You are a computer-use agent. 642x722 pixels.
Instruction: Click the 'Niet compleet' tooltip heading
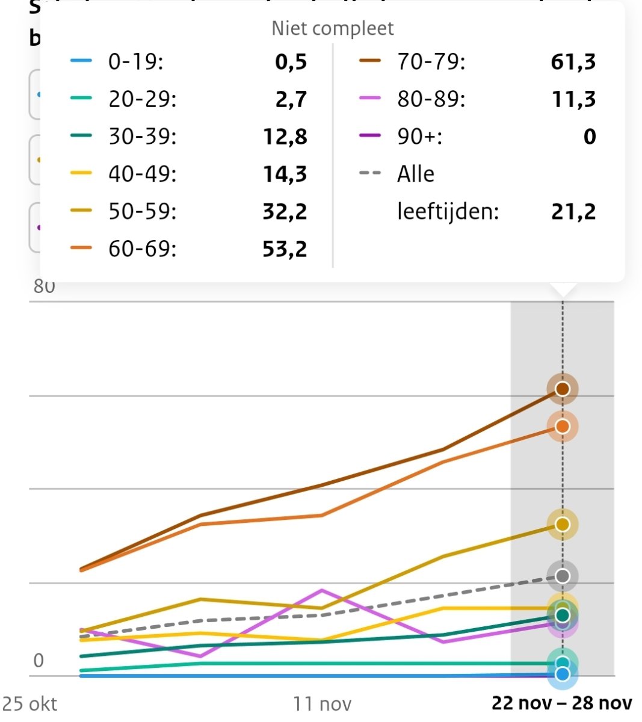coord(332,28)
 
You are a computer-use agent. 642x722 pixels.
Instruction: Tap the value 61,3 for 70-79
coord(573,62)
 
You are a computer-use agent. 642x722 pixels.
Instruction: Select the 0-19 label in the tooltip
coord(135,62)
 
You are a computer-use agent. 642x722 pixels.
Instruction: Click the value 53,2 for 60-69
coord(285,248)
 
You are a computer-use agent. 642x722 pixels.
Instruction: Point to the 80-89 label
coord(431,99)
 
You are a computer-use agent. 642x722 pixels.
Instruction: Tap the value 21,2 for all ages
coord(573,211)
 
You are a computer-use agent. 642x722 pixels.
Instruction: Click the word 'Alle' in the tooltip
coord(415,174)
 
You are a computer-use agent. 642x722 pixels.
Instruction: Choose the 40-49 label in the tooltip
coord(143,174)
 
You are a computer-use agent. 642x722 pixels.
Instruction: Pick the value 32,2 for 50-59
coord(285,211)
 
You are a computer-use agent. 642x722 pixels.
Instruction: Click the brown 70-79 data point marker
coord(563,389)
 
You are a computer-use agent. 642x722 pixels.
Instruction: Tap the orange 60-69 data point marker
coord(563,427)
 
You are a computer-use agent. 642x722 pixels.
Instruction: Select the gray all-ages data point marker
coord(563,576)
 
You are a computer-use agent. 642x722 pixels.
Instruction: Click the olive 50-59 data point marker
coord(563,525)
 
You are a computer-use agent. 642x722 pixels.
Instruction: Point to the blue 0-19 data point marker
coord(563,674)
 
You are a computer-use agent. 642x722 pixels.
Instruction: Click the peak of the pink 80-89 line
coord(323,590)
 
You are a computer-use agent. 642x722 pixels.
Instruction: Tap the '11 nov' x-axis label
coord(322,703)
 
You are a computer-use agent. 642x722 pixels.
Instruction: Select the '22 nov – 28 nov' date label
coord(562,703)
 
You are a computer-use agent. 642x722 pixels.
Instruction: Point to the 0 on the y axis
coord(39,661)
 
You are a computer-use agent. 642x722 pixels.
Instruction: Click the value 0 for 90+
coord(589,137)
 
